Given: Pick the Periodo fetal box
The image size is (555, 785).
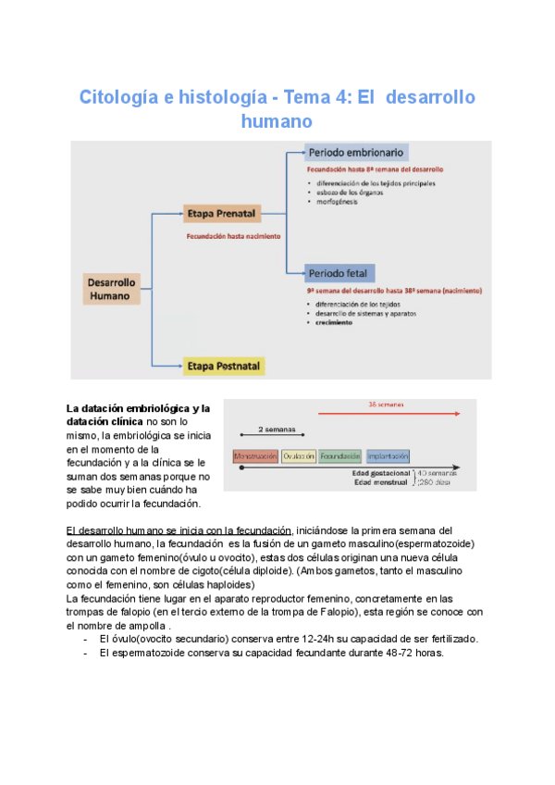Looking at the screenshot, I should point(339,273).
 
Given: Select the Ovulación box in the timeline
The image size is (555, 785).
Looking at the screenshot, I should point(299,456).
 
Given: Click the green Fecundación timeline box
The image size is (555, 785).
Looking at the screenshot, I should point(339,456).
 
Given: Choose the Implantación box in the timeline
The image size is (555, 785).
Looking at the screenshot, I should point(387,456).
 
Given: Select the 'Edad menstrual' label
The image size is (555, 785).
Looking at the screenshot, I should point(381,482).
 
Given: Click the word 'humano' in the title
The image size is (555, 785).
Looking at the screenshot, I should point(277,121).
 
